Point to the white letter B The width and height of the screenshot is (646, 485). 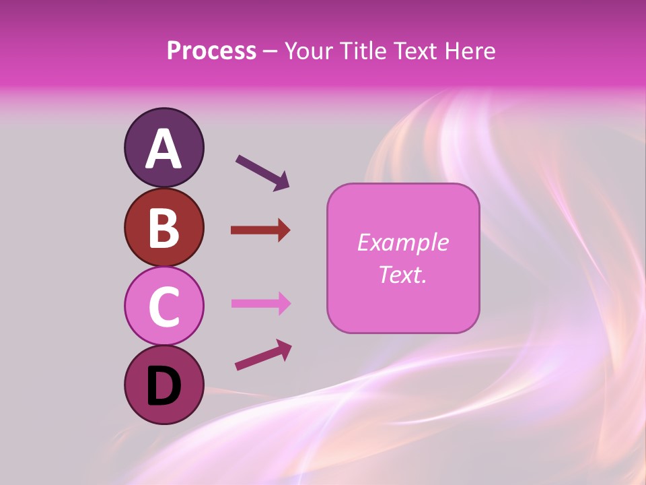(164, 228)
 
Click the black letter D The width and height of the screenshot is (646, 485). (164, 386)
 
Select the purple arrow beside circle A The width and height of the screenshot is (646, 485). (262, 172)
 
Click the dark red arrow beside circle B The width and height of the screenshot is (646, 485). (260, 230)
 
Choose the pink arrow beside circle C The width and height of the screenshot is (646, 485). (260, 303)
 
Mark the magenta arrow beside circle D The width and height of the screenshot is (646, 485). (263, 355)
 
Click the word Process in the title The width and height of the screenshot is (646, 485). (211, 51)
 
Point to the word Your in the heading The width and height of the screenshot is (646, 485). (308, 51)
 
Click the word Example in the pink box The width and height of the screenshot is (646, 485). (402, 243)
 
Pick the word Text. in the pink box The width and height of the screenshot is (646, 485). (402, 274)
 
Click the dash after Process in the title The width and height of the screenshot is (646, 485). (271, 51)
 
